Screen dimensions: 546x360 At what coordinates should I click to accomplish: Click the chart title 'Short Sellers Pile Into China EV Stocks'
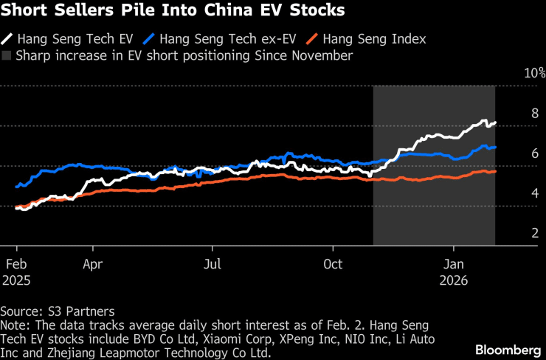tap(173, 10)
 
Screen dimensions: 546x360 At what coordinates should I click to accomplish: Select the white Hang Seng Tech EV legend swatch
tap(7, 39)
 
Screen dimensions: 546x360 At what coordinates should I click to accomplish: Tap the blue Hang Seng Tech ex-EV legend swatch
tap(149, 39)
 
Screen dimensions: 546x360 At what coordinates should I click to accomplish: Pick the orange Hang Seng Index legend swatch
tap(312, 39)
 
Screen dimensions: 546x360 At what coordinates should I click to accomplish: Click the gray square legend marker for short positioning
tap(6, 56)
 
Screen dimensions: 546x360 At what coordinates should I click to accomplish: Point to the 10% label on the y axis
tap(535, 73)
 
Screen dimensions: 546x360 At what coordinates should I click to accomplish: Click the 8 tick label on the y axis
tap(535, 113)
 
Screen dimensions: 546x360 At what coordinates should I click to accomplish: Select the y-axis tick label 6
tap(535, 153)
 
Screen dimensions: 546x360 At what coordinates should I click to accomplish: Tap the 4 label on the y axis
tap(535, 193)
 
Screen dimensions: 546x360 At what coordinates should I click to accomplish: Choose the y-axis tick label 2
tap(535, 233)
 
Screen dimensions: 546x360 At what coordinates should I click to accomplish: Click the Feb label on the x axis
tap(16, 264)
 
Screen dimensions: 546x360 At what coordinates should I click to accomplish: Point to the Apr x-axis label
tap(93, 264)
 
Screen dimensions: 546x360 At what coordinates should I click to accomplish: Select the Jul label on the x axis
tap(212, 264)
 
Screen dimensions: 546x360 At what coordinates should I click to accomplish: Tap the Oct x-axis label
tap(333, 264)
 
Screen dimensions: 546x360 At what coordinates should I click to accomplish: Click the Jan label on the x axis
tap(454, 264)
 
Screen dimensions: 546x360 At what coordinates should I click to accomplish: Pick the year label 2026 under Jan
tap(454, 280)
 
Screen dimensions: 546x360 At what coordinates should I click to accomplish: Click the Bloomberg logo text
tap(509, 350)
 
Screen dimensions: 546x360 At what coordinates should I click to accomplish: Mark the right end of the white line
tap(495, 122)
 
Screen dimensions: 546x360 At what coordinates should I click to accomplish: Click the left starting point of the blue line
tap(16, 187)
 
